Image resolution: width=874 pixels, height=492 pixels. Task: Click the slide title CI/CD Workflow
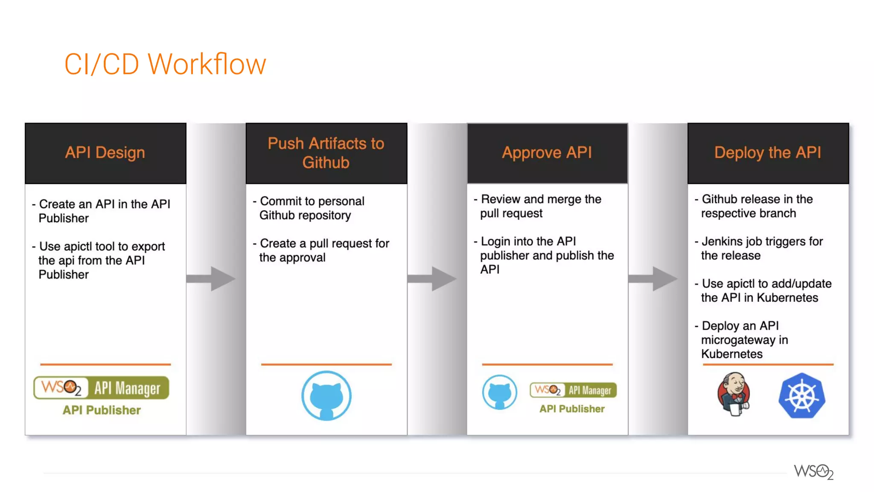coord(165,64)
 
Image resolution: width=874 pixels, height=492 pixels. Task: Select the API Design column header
coord(105,153)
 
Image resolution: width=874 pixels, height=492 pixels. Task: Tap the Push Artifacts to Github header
coord(326,153)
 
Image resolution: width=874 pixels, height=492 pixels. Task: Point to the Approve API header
coord(547,153)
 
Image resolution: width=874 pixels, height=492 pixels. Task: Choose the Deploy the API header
coord(768,153)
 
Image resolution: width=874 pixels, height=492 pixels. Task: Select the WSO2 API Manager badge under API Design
coord(102,388)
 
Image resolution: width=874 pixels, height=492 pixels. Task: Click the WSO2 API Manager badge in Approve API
coord(573,390)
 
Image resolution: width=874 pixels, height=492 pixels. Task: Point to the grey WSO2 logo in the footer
coord(813,472)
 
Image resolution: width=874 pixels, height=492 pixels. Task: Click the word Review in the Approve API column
coord(501,199)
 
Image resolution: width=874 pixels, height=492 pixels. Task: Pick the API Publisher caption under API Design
coord(102,410)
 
